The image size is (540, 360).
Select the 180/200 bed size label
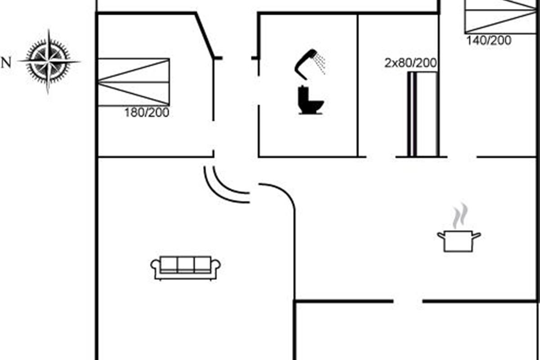pyautogui.click(x=147, y=112)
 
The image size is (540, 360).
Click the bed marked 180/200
pyautogui.click(x=134, y=82)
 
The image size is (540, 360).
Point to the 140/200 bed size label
pyautogui.click(x=489, y=40)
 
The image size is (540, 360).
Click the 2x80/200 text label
pyautogui.click(x=410, y=63)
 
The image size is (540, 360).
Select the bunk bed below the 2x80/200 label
pyautogui.click(x=423, y=114)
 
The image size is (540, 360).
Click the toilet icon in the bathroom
pyautogui.click(x=310, y=101)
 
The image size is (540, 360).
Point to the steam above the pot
pyautogui.click(x=460, y=216)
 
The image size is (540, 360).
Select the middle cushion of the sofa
pyautogui.click(x=185, y=264)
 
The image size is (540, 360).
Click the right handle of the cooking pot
pyautogui.click(x=477, y=235)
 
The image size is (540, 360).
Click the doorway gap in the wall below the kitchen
pyautogui.click(x=408, y=301)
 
